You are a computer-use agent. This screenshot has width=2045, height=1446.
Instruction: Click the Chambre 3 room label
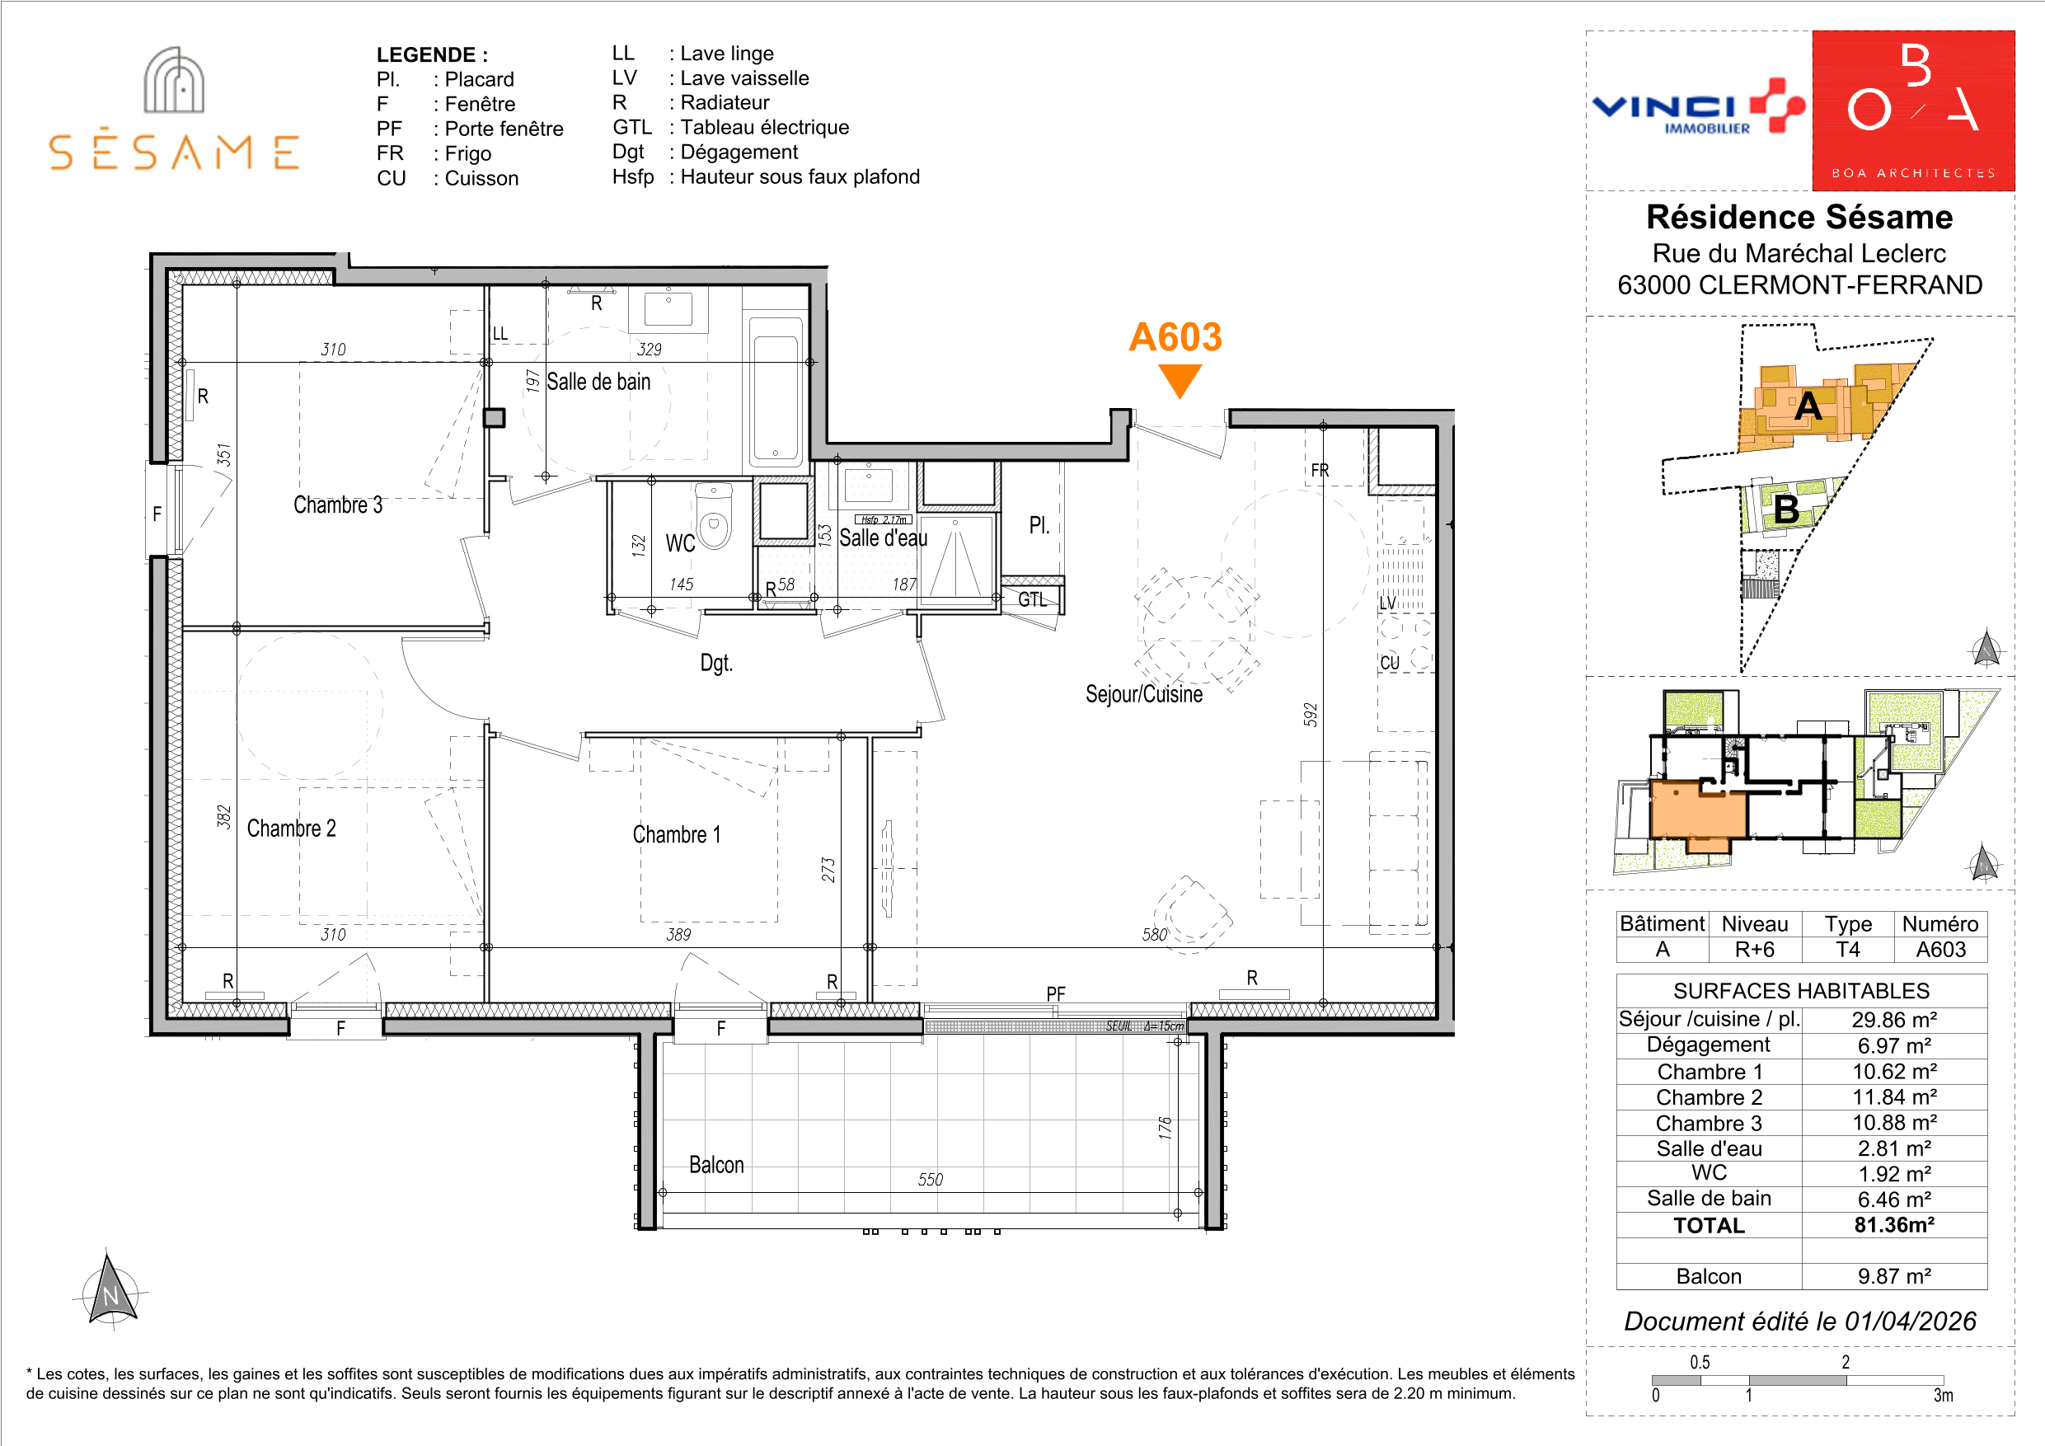pos(338,505)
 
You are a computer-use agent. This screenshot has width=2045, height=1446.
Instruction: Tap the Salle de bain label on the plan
pos(598,382)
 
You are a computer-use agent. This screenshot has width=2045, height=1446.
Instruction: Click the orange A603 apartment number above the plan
pos(1175,337)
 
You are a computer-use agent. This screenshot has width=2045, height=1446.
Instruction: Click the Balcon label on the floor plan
pos(716,1166)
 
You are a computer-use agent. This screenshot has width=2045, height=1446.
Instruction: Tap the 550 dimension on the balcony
pos(930,1180)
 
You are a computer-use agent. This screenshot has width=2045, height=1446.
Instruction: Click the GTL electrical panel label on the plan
pos(1032,599)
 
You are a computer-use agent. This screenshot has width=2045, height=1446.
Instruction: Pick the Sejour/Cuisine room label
pos(1143,694)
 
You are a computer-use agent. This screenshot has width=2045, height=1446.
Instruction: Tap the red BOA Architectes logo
pos(1913,110)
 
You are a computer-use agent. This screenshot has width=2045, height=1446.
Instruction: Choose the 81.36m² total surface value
pos(1893,1225)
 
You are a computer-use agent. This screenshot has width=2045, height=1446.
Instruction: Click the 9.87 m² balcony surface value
pos(1893,1276)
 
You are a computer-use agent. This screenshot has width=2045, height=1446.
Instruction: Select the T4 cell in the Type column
pos(1847,949)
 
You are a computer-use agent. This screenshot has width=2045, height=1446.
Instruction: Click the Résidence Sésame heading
pos(1799,217)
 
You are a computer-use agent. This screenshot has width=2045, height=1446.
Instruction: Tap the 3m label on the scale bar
pos(1943,1395)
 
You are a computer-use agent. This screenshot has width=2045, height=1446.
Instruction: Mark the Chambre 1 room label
pos(676,835)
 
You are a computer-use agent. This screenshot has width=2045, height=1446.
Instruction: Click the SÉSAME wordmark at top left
pos(174,153)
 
